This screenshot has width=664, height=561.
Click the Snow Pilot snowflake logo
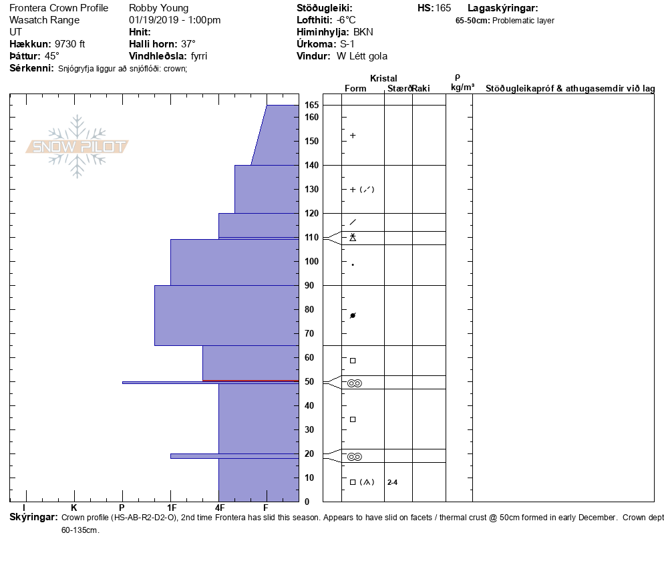click(77, 146)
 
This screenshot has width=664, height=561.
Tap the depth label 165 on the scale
click(311, 105)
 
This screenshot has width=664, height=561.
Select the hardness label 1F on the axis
click(172, 508)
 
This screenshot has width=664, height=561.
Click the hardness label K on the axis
click(73, 508)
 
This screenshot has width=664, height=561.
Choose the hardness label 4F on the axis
click(220, 508)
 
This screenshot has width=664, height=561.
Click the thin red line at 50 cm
click(251, 381)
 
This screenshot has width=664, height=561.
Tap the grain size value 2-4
click(393, 482)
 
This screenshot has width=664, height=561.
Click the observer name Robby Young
click(158, 8)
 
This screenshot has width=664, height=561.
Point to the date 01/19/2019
click(152, 20)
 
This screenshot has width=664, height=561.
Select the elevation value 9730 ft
click(69, 44)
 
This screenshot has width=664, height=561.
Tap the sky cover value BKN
click(363, 32)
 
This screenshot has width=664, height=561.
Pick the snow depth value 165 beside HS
click(443, 8)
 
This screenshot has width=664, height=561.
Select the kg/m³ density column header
click(462, 87)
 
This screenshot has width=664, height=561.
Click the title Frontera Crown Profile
click(59, 8)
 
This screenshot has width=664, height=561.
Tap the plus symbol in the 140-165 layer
click(353, 136)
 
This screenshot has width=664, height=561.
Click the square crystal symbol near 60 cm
click(353, 361)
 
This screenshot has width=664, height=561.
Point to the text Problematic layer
click(523, 21)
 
